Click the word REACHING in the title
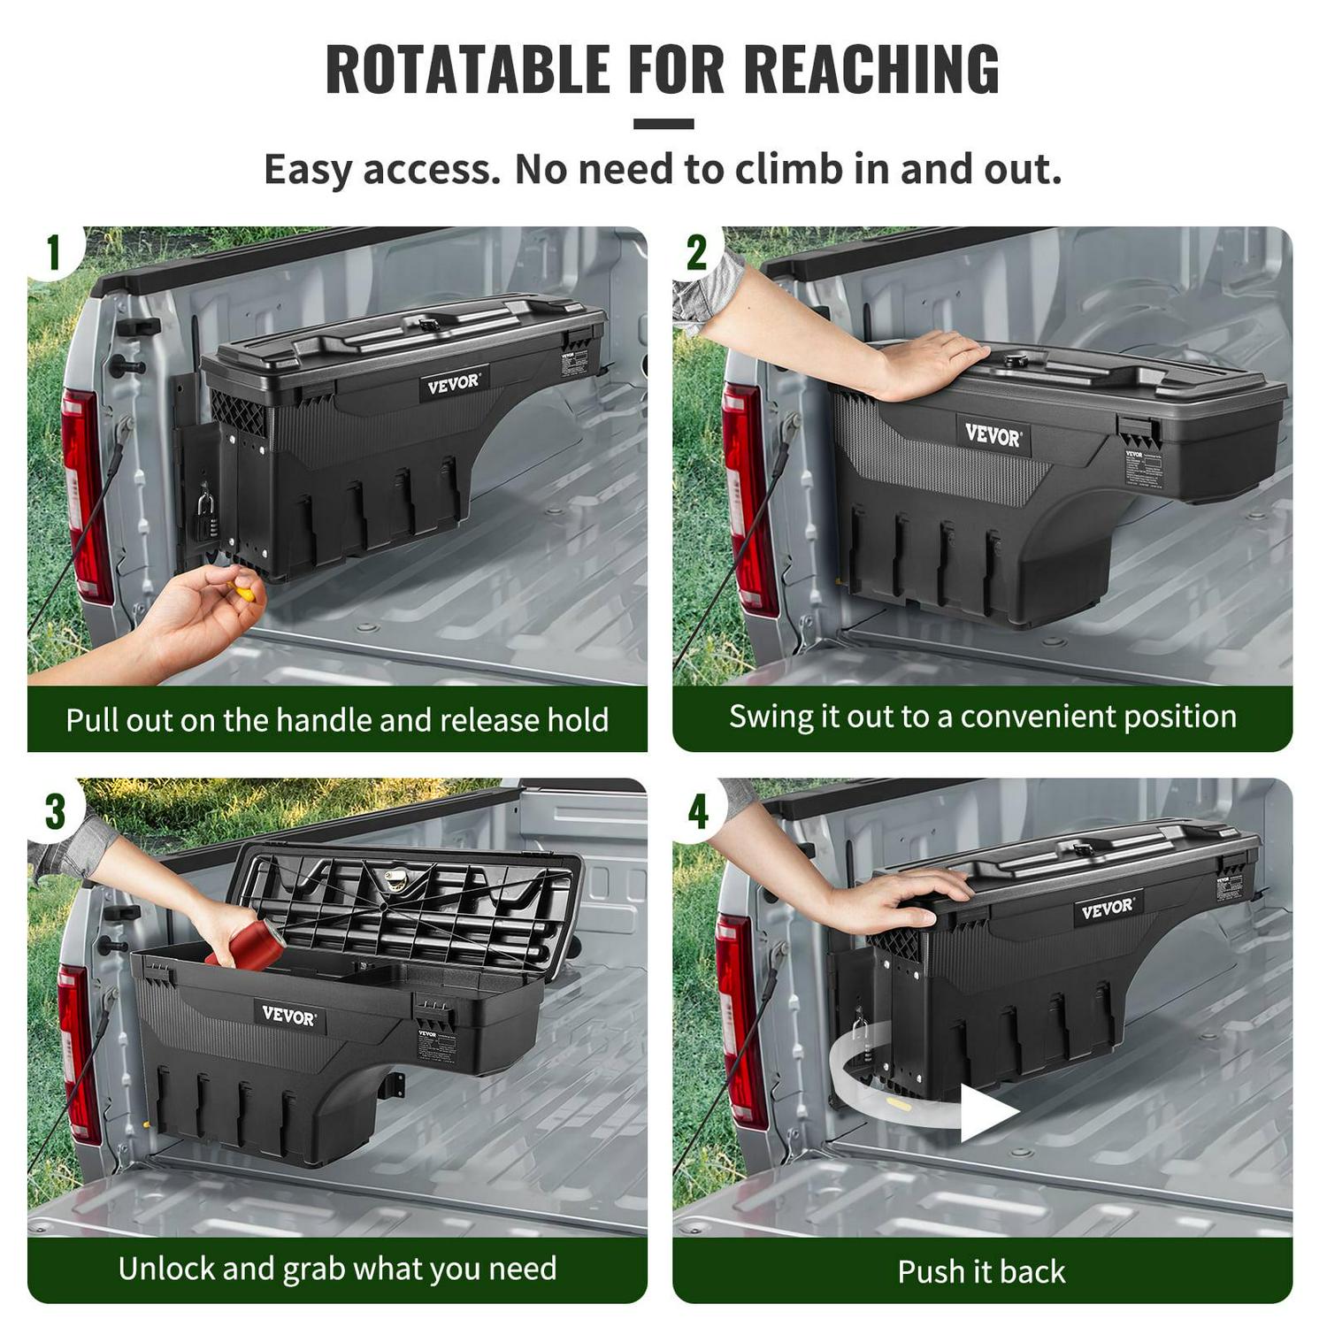point(871,69)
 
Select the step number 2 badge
point(697,253)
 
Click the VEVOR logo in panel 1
point(453,384)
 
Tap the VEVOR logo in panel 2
point(993,435)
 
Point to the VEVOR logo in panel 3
point(288,1016)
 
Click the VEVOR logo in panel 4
point(1106,909)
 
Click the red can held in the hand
point(249,945)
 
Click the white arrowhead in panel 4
point(986,1113)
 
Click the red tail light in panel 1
point(84,495)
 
